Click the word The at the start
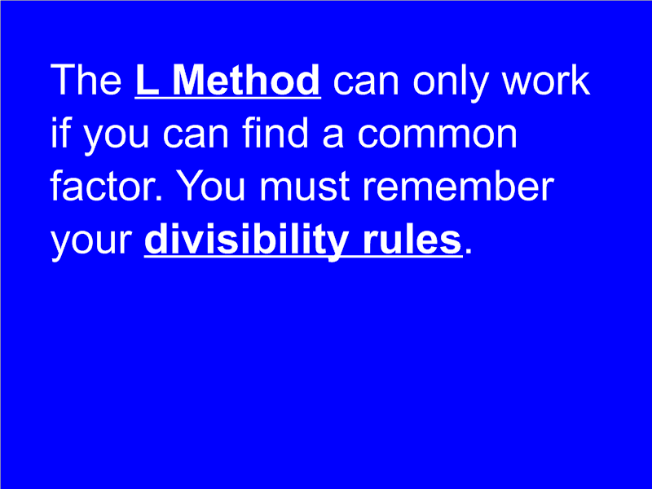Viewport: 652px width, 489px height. [86, 81]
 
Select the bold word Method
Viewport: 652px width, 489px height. [247, 81]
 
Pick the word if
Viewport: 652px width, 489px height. [60, 134]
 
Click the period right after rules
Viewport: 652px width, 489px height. [468, 252]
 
